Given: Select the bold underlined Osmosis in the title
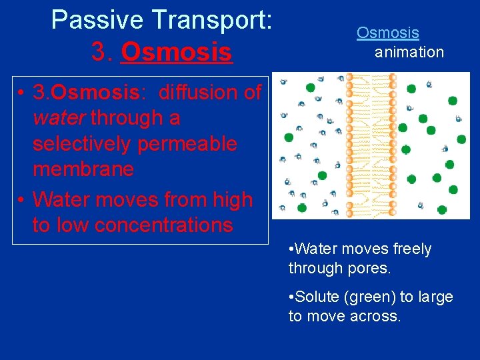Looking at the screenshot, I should pos(176,52).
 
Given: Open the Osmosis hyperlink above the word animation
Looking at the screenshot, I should pos(387,32).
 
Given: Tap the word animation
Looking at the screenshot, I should pos(409,52).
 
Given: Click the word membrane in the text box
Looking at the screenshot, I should pos(83,169).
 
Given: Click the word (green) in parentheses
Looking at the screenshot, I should pos(370,297).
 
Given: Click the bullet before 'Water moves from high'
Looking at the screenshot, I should pos(23,199).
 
